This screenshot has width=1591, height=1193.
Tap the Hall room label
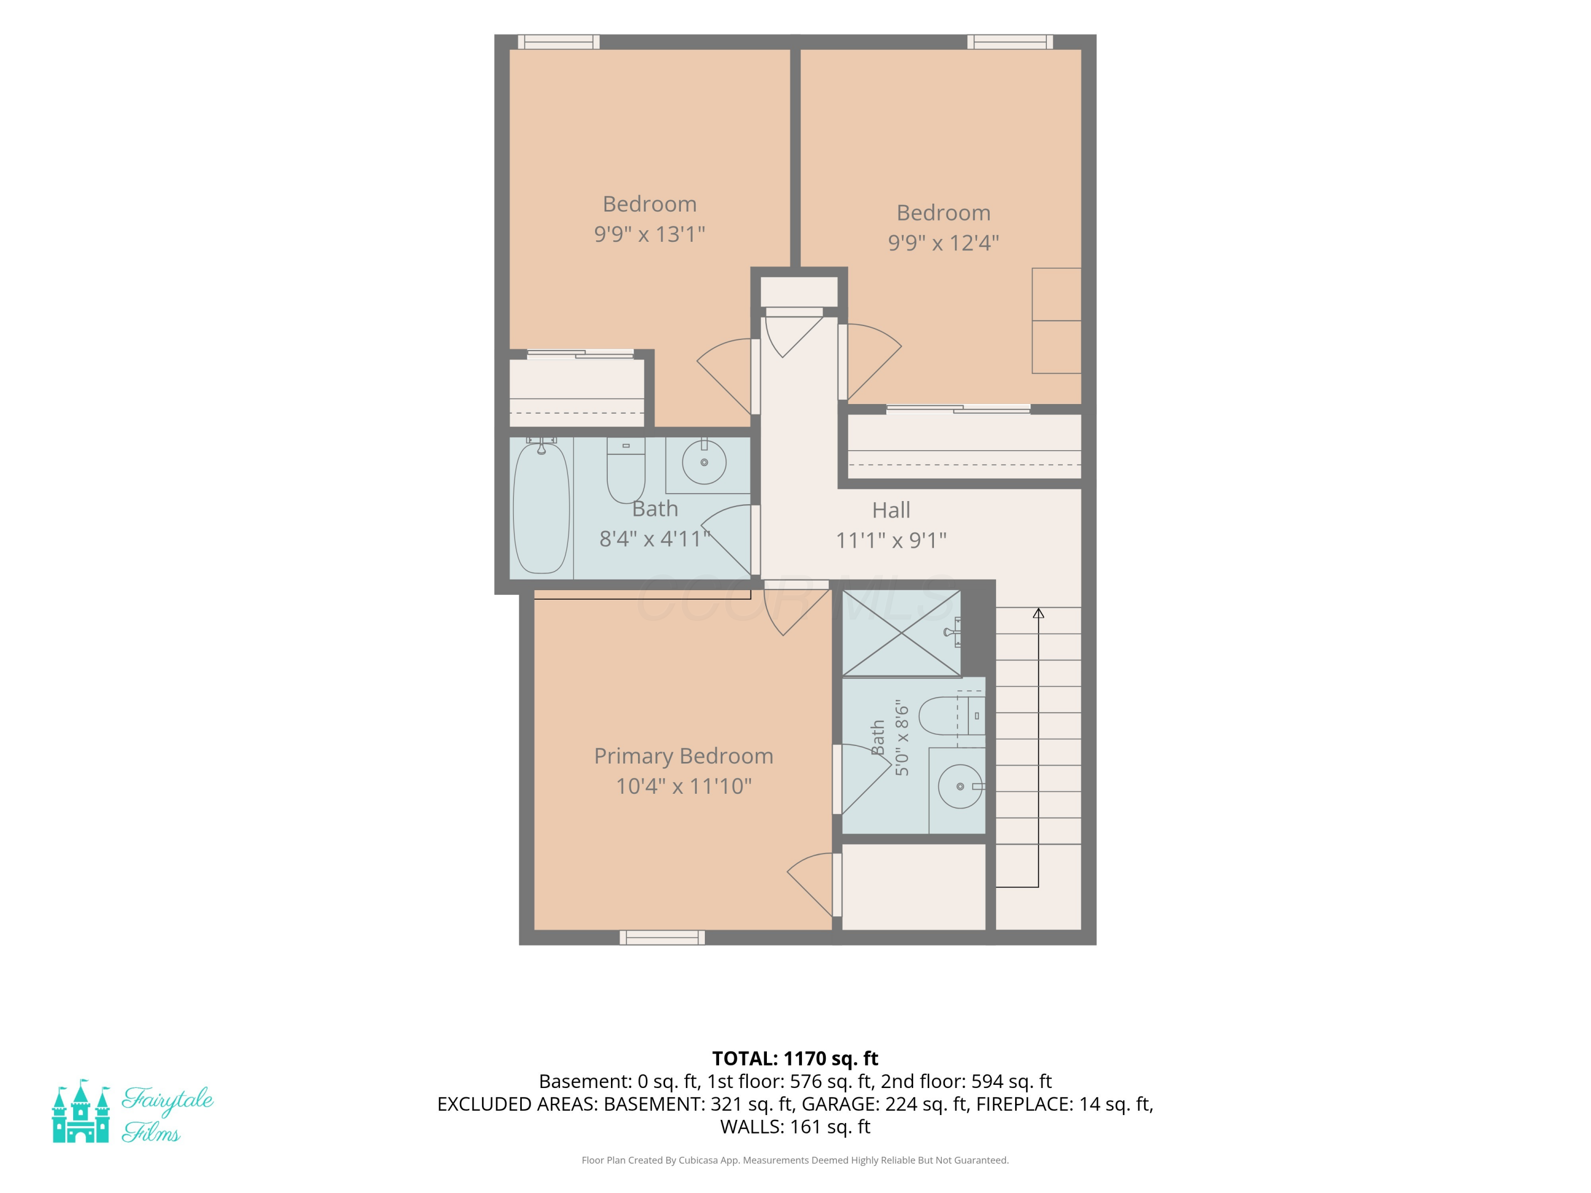[891, 510]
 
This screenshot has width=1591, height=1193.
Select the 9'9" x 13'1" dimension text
[650, 234]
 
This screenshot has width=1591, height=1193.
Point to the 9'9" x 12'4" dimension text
[943, 242]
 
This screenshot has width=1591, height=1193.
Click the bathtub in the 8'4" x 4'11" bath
[541, 508]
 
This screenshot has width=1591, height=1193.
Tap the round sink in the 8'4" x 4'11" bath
[704, 462]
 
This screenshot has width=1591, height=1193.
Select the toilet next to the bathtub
[626, 470]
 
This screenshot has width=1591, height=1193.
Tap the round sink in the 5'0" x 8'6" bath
[961, 787]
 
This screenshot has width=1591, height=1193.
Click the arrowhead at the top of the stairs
[1038, 613]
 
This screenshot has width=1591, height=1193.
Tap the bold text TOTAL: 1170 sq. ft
[795, 1058]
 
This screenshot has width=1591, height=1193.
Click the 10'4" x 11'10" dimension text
[683, 786]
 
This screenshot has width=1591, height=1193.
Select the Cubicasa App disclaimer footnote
[795, 1160]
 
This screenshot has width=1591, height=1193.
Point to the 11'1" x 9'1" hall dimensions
[891, 540]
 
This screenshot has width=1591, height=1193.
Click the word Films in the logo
[151, 1133]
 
